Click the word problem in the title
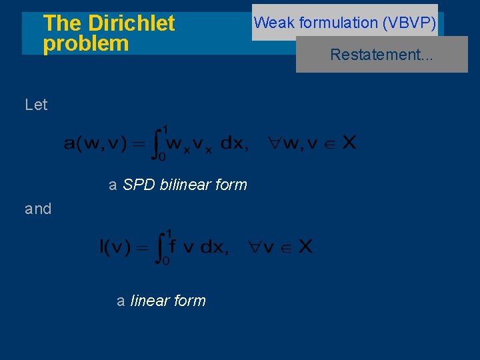(85, 44)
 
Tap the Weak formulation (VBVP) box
(345, 23)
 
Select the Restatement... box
(381, 55)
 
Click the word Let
(36, 105)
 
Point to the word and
(38, 209)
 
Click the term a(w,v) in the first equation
(96, 143)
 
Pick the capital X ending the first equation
(349, 143)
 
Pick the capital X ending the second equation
(305, 247)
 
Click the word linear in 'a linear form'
(151, 301)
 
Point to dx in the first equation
(232, 143)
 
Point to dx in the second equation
(213, 247)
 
